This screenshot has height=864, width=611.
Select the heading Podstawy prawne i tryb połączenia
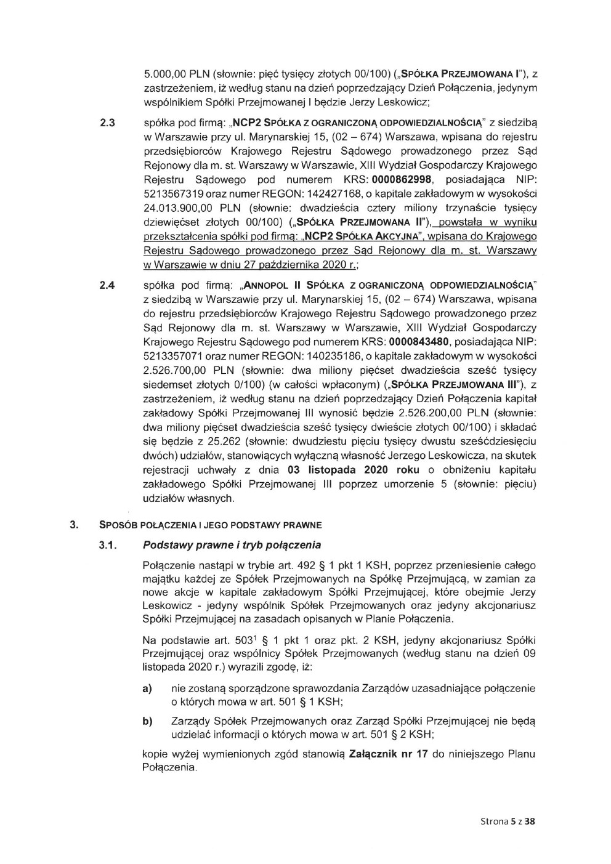232,545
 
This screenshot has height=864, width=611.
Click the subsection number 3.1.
108,545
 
